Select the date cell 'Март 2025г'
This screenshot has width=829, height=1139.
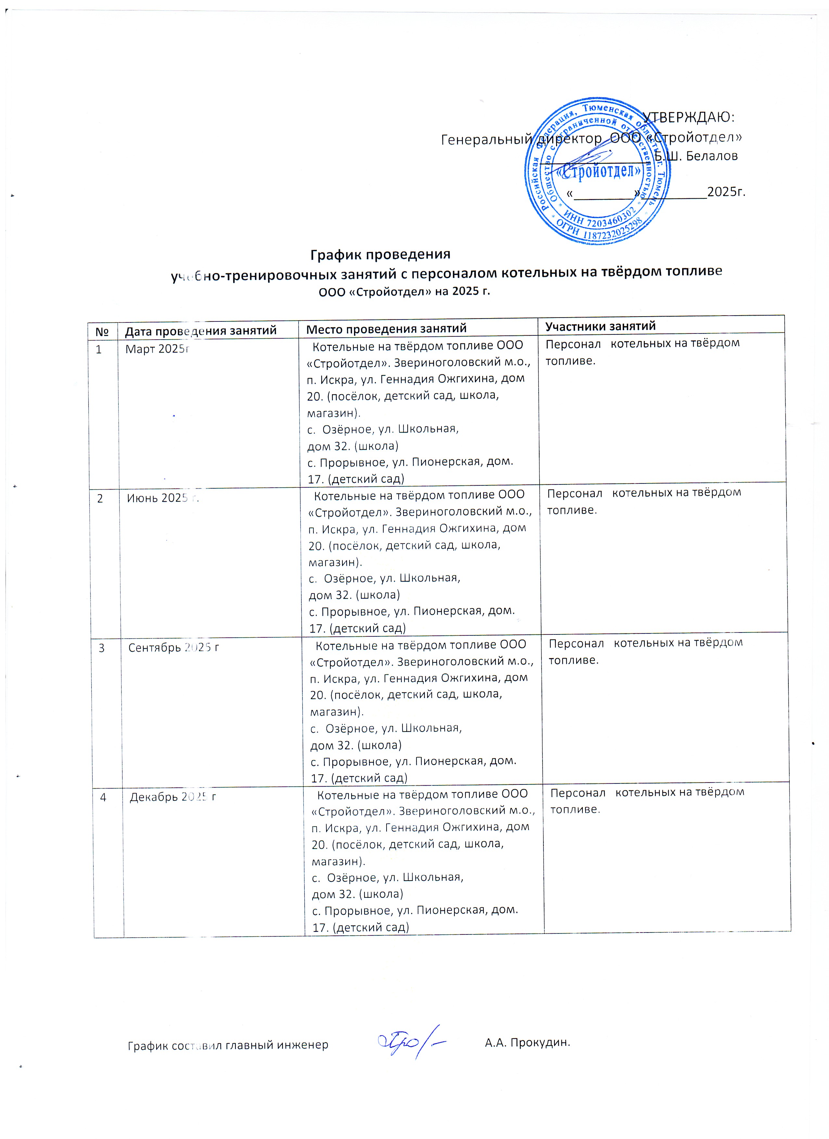(157, 349)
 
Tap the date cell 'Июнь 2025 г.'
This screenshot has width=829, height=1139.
(163, 498)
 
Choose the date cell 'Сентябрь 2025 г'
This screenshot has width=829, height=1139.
(173, 648)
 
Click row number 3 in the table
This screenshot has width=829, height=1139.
(101, 648)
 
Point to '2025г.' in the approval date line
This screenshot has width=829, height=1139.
(725, 192)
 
